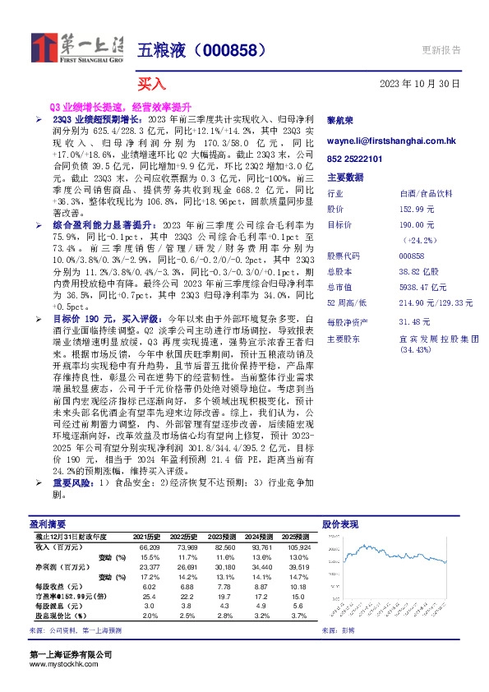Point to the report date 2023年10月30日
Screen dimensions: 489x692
(420, 84)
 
